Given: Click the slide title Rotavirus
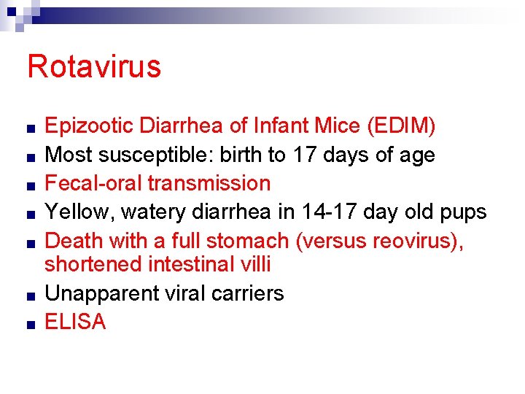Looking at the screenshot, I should pyautogui.click(x=93, y=66).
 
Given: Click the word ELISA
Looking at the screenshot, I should pyautogui.click(x=75, y=321).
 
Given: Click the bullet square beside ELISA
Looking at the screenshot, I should pyautogui.click(x=27, y=323).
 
